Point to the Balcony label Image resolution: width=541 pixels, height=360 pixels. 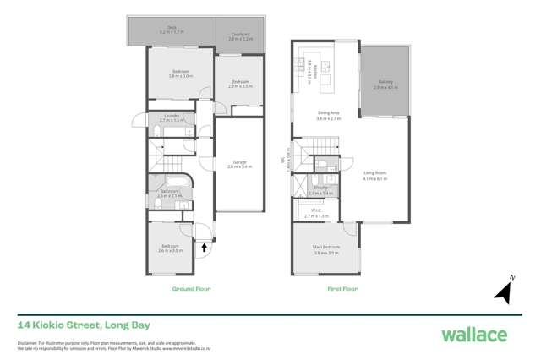coord(385,83)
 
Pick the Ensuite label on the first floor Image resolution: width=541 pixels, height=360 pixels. coord(325,191)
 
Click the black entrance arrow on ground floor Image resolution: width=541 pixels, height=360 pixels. coord(204,248)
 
